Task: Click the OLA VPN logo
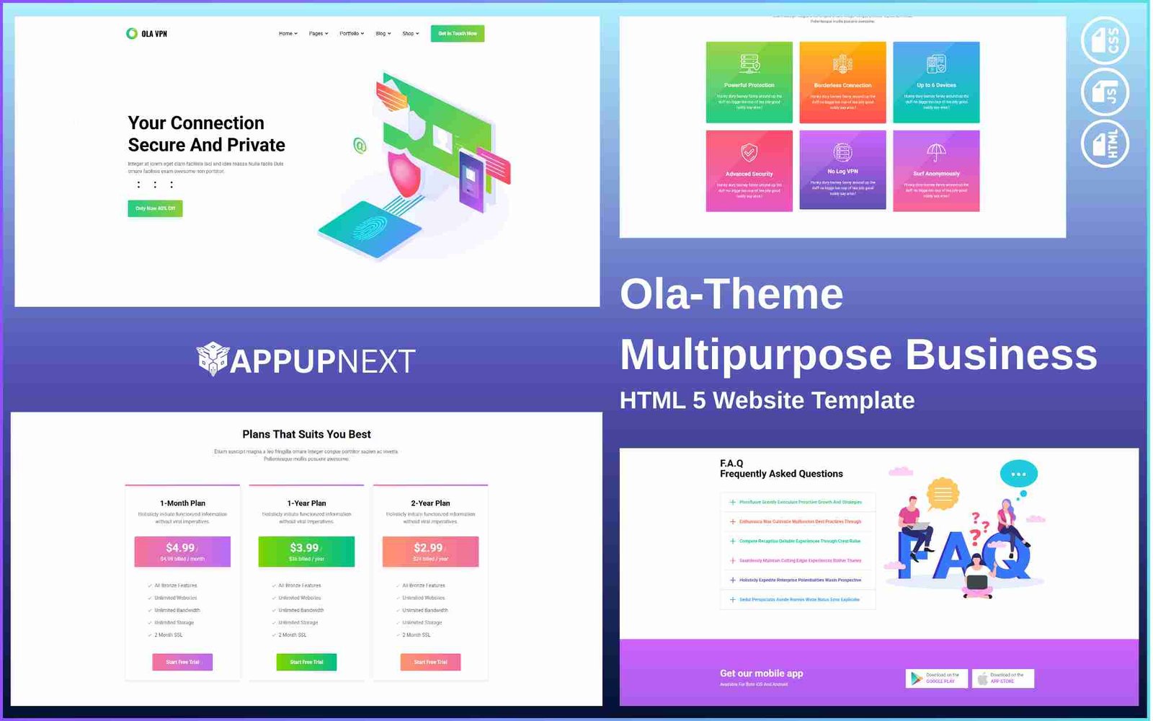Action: [x=147, y=34]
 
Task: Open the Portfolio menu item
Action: [x=351, y=34]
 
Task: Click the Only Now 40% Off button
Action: [x=155, y=208]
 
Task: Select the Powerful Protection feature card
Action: [x=749, y=82]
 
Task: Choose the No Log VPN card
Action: [x=842, y=171]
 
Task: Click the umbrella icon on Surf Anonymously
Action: [x=936, y=152]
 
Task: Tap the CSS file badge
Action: [x=1105, y=40]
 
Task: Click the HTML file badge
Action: [x=1105, y=143]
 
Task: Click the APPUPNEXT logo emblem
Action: [x=213, y=358]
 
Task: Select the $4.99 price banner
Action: [x=182, y=552]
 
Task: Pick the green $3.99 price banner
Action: [x=306, y=552]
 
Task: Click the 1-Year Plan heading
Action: [x=306, y=503]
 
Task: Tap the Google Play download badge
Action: [x=936, y=678]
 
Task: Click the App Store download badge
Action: [x=1002, y=678]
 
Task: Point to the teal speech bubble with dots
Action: [x=1018, y=474]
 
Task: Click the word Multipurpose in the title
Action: [x=756, y=355]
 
